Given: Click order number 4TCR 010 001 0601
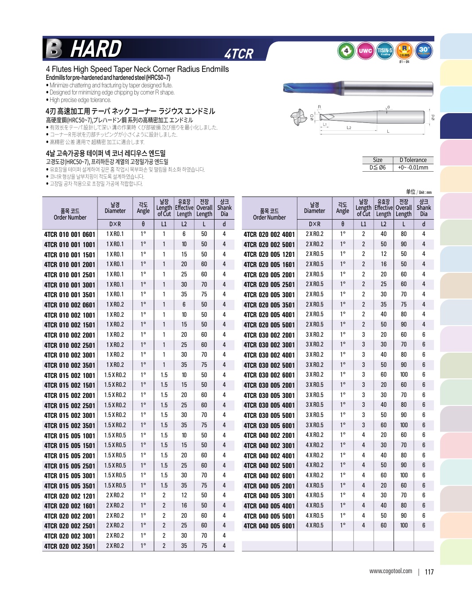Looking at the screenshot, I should (70, 234).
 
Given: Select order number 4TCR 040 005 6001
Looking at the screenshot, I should (269, 526).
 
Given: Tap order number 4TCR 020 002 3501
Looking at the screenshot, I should (70, 546).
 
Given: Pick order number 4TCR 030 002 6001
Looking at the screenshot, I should (269, 375).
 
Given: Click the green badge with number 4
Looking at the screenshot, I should (346, 51).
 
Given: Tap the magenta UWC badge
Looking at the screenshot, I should (365, 51).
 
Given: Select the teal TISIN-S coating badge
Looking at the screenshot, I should (385, 51).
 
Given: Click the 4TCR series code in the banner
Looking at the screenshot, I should (239, 54).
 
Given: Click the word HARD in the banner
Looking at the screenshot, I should (96, 49).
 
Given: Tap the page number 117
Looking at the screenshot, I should (429, 572).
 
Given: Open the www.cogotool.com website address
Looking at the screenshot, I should (390, 571).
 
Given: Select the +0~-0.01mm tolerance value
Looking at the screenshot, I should (413, 168).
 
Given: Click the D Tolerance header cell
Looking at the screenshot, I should (413, 160).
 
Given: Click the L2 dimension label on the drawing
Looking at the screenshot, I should (349, 128).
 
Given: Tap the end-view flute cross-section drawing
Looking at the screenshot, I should (298, 117).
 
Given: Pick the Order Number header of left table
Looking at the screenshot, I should (70, 214).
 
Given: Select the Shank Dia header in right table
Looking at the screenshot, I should (424, 208).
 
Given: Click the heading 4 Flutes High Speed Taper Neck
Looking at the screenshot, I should (137, 69).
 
